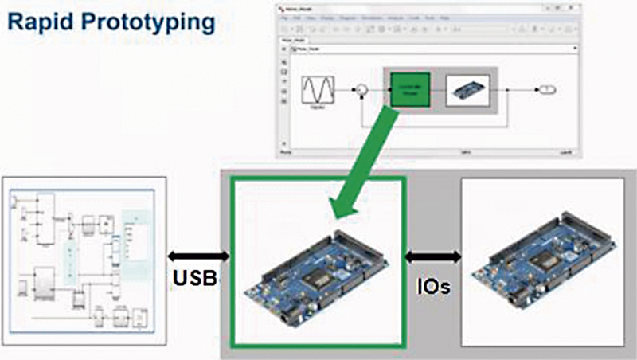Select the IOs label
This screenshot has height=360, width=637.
point(432,284)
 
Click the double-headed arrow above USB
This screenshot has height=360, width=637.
point(197,257)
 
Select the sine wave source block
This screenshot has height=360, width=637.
point(316,91)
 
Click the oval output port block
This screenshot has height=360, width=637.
point(547,91)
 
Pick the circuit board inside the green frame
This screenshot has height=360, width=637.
point(318,267)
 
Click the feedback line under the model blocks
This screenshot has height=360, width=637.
point(430,127)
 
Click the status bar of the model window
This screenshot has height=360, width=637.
point(430,147)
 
